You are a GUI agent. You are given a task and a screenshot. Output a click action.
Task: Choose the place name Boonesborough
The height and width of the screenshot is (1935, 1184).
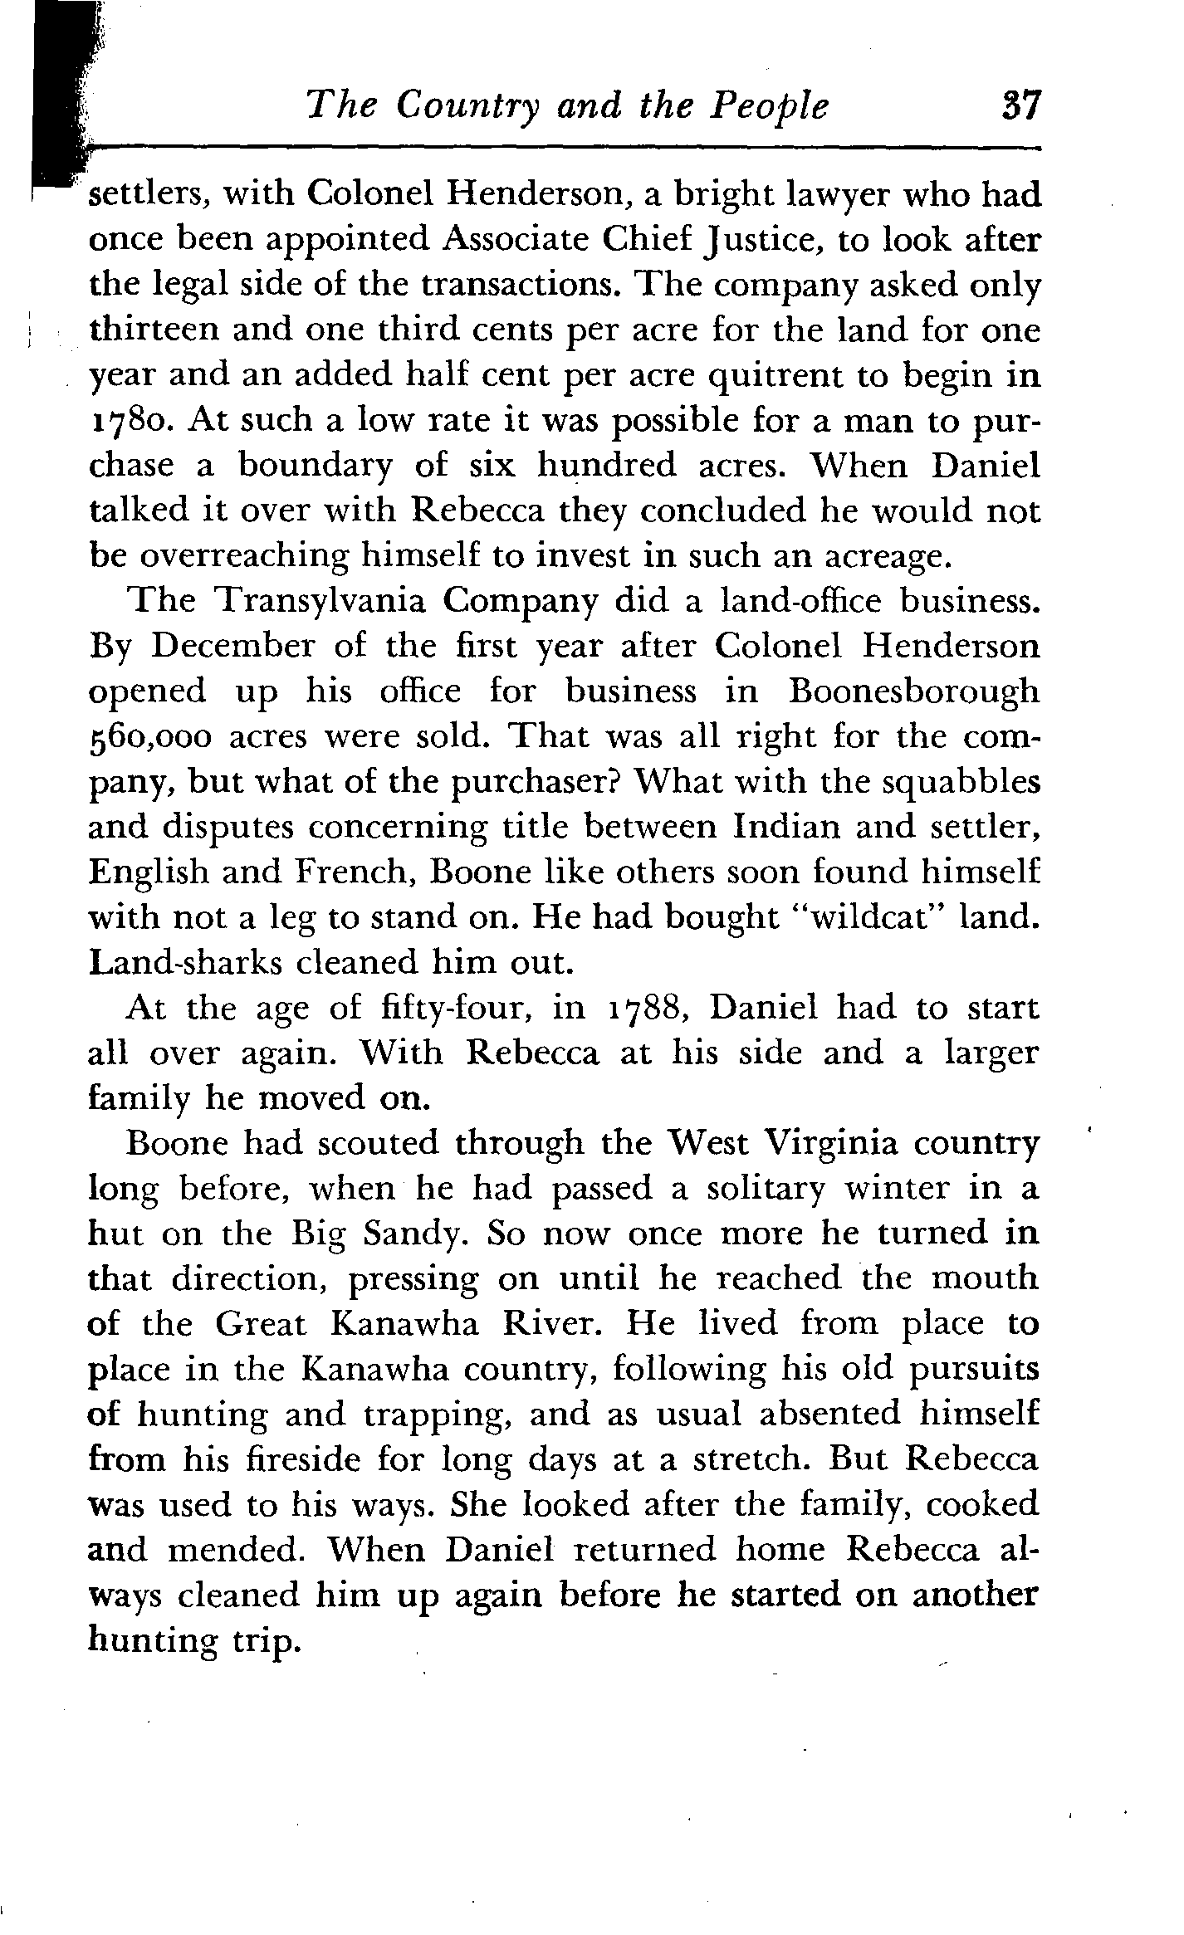tap(914, 691)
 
